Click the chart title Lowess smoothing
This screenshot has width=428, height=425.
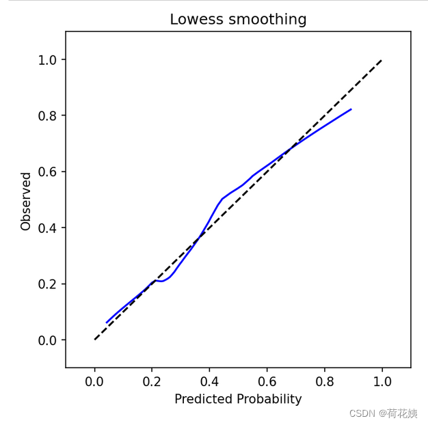tap(238, 20)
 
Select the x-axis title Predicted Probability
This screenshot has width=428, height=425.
tap(238, 399)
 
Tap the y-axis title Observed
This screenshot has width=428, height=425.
tap(26, 201)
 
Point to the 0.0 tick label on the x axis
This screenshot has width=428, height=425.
tap(95, 381)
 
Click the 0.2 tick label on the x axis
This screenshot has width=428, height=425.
tap(152, 381)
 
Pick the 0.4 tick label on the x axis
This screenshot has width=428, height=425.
tap(209, 381)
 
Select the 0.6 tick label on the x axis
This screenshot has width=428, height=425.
tap(267, 381)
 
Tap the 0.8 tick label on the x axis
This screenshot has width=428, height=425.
tap(324, 381)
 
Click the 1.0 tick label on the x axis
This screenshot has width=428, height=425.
tap(382, 381)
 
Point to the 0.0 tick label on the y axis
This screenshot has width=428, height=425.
tap(47, 340)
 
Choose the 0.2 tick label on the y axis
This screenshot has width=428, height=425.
tap(47, 284)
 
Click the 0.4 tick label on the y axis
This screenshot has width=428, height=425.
tap(47, 228)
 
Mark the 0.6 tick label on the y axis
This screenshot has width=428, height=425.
tap(47, 172)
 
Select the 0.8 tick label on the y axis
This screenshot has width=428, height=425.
tap(47, 116)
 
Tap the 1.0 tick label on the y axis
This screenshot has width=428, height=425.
tap(47, 60)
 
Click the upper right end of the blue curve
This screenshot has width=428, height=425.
tap(351, 109)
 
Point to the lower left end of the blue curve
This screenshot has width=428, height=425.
tap(107, 323)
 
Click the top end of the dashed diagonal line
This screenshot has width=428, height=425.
tap(382, 60)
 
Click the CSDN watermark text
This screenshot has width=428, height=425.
tap(383, 413)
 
